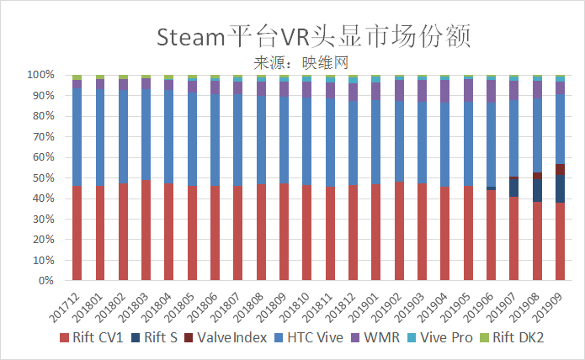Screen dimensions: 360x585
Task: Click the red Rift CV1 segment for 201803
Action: (x=146, y=230)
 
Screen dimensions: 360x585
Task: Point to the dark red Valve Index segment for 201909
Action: (x=560, y=169)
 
